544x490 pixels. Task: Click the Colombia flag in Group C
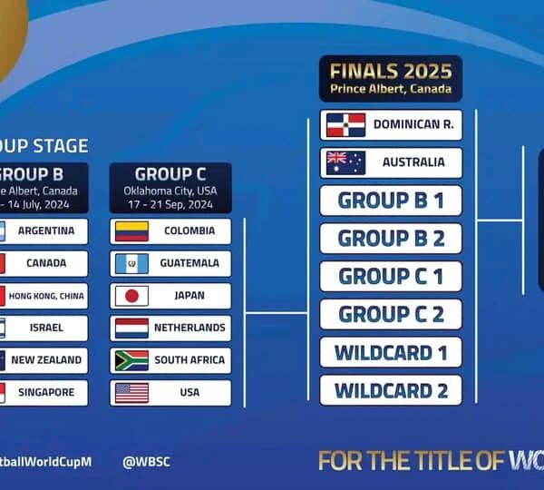pos(131,231)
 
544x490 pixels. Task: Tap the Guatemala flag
pos(131,263)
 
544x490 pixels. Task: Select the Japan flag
pos(131,296)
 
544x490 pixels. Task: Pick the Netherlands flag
pos(131,328)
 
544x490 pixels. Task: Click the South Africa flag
pos(131,360)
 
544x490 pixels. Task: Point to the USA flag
pos(131,393)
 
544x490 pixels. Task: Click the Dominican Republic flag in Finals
pos(345,124)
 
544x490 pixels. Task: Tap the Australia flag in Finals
pos(345,162)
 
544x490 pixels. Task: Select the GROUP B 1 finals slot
pos(391,201)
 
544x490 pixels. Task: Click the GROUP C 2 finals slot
pos(391,314)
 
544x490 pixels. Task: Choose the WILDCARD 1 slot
pos(391,352)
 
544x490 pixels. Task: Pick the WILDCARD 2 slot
pos(391,390)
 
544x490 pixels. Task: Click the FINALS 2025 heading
pos(391,72)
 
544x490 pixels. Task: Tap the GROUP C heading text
pos(170,174)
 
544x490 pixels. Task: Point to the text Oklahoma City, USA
pos(170,191)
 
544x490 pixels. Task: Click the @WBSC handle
pos(147,461)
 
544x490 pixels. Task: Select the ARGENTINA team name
pos(46,230)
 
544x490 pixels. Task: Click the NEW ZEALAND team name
pos(46,360)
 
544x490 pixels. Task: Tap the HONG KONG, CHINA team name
pos(46,296)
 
